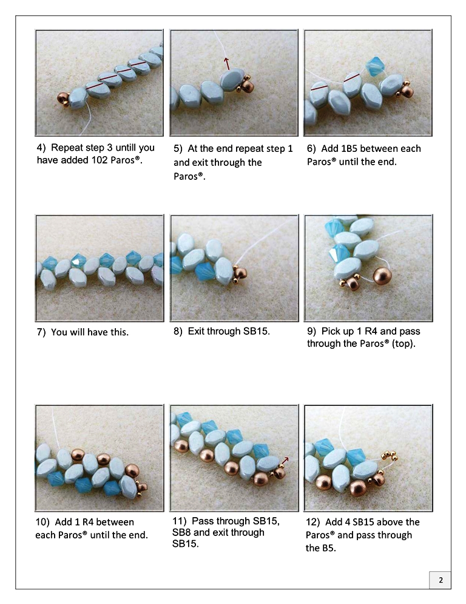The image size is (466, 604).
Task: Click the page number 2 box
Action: pyautogui.click(x=441, y=580)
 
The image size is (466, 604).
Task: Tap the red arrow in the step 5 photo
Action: pyautogui.click(x=227, y=63)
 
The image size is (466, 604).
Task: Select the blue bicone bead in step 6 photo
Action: pyautogui.click(x=374, y=67)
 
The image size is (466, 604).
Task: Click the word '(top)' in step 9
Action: pyautogui.click(x=404, y=343)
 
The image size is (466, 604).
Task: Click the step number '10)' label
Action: pyautogui.click(x=42, y=523)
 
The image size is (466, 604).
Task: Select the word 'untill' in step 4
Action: pyautogui.click(x=126, y=148)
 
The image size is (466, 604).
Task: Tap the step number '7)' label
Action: pyautogui.click(x=41, y=332)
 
